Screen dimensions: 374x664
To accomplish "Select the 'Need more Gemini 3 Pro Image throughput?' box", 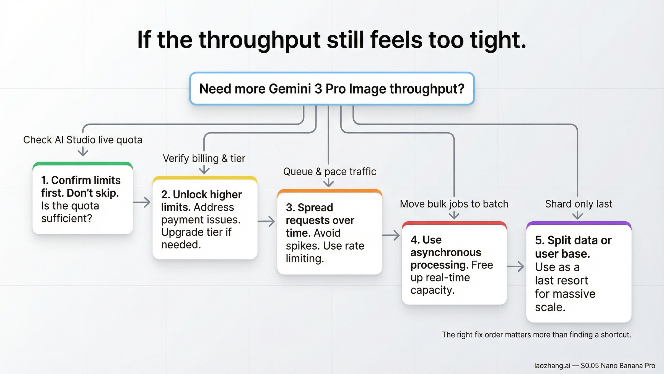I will click(x=332, y=89).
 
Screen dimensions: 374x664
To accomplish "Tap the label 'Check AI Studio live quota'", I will click(x=82, y=140).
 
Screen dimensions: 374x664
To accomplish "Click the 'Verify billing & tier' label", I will click(x=204, y=158).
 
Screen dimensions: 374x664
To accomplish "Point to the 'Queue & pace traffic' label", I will click(x=330, y=172).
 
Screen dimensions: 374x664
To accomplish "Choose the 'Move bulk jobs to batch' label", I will click(x=454, y=204).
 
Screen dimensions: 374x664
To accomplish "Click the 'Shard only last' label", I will click(x=579, y=204).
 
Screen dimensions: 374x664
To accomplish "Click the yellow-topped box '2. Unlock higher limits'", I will click(x=205, y=219).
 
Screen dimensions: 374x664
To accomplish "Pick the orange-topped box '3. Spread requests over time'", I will click(x=330, y=233).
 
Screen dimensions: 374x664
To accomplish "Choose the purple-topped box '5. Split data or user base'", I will click(x=579, y=273).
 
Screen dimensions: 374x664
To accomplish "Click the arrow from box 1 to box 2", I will click(x=142, y=202).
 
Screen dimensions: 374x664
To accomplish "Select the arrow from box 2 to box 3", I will click(x=266, y=221).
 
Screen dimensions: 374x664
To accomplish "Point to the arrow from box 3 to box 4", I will click(x=391, y=235).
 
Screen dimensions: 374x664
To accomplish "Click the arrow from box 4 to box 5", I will click(x=516, y=267).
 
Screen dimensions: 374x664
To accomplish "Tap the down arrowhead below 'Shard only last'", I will click(x=577, y=215).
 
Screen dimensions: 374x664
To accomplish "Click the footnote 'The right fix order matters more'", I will click(x=536, y=335).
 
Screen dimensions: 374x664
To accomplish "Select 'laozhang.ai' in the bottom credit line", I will click(x=552, y=366).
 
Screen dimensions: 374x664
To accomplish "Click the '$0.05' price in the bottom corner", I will click(x=590, y=366).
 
